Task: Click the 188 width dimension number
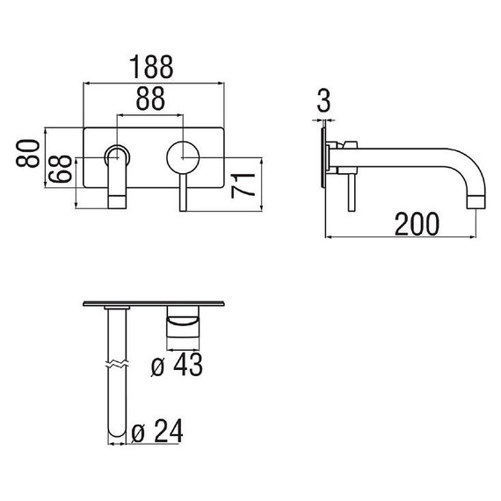tap(151, 67)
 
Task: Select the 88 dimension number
tap(150, 98)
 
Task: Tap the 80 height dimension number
tap(28, 153)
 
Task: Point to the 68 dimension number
tap(60, 169)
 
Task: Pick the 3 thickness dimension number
tap(323, 101)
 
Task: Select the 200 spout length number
tap(417, 224)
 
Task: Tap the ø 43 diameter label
tap(177, 364)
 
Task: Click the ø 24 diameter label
tap(157, 431)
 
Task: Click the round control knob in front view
tap(183, 157)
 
